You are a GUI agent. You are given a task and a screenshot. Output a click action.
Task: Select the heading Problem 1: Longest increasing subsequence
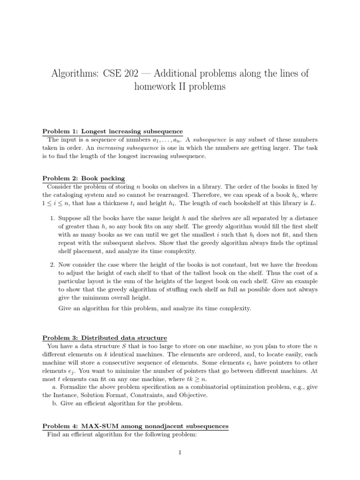coord(112,131)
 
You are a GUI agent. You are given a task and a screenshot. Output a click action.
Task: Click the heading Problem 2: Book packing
coord(84,178)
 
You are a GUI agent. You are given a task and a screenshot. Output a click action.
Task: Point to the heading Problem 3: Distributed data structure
coord(105,338)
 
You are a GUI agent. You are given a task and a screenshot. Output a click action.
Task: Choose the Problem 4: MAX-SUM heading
coord(135,426)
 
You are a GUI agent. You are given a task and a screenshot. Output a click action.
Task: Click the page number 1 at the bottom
coord(180,452)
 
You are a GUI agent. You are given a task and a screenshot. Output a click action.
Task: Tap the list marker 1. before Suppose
coord(53,218)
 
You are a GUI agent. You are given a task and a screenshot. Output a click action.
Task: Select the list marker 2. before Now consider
coord(53,265)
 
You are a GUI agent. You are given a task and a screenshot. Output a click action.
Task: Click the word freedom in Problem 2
coord(305,265)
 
